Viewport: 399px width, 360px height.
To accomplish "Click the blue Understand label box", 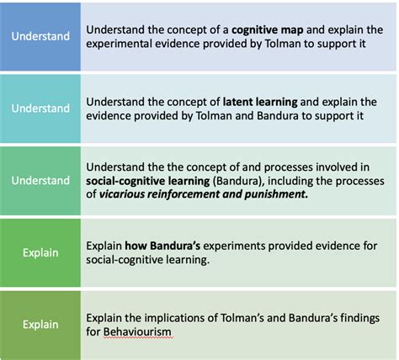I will coord(40,36).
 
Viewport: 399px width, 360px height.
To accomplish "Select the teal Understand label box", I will coord(40,109).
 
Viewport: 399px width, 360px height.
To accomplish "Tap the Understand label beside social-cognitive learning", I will coord(40,181).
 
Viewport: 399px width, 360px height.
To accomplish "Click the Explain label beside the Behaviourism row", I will coord(40,324).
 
